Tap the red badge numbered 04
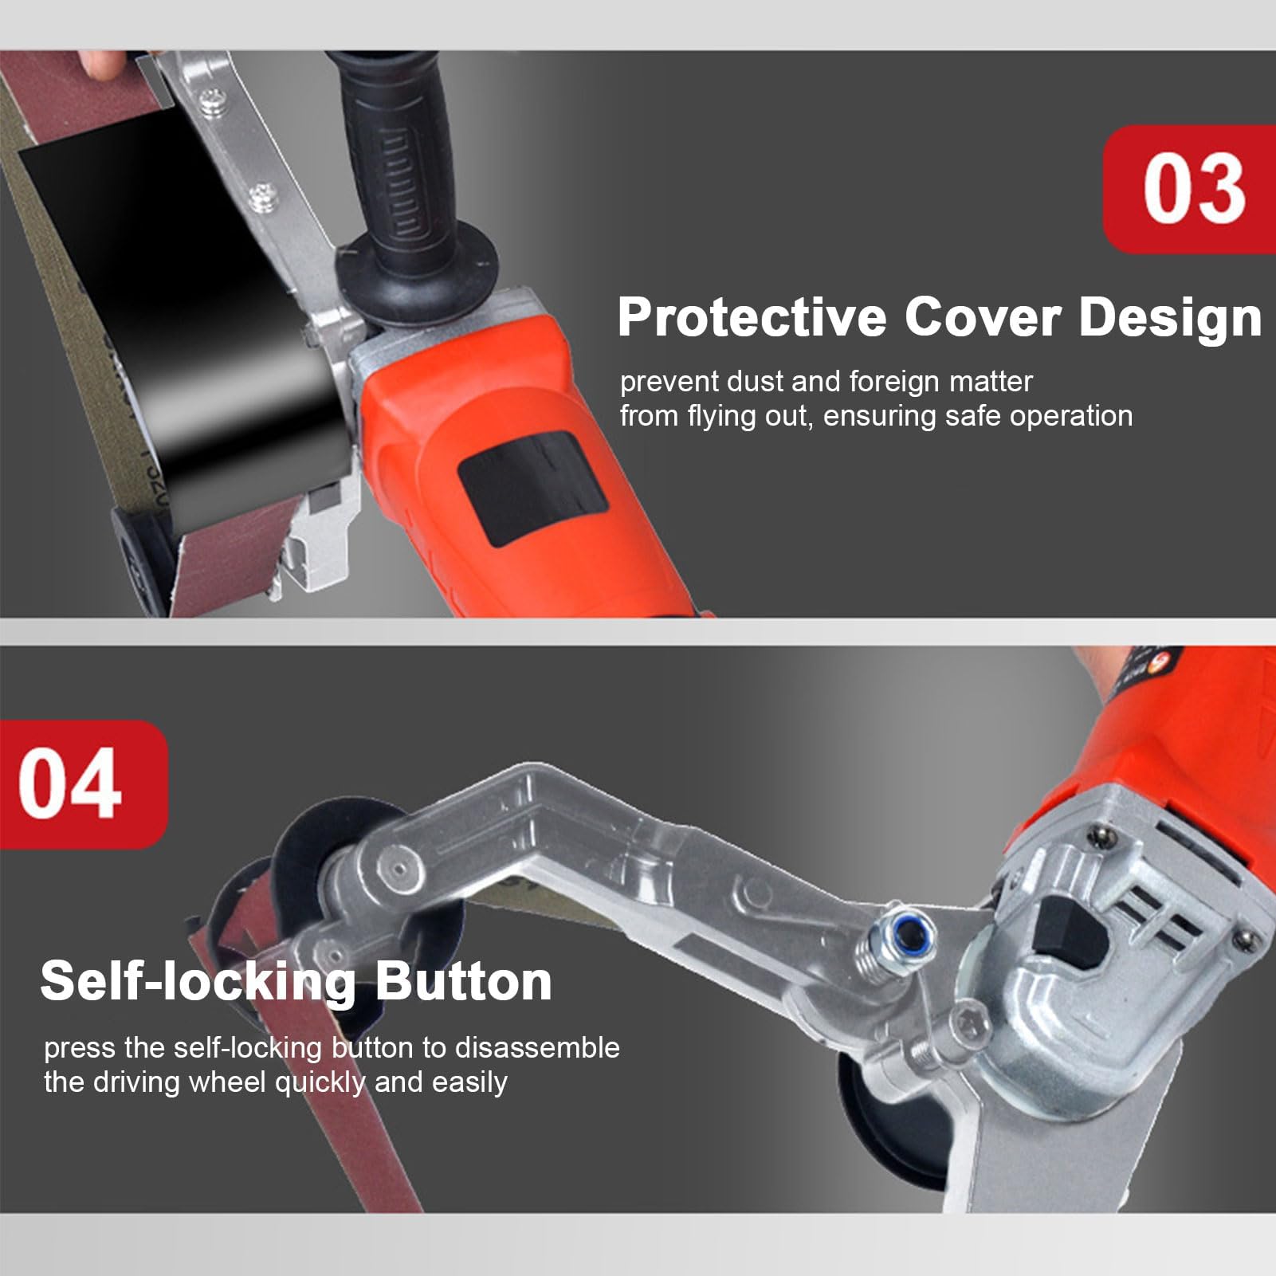(83, 784)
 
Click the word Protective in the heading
(752, 317)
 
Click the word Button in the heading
(463, 980)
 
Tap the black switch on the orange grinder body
(532, 488)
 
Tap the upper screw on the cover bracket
(214, 101)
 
